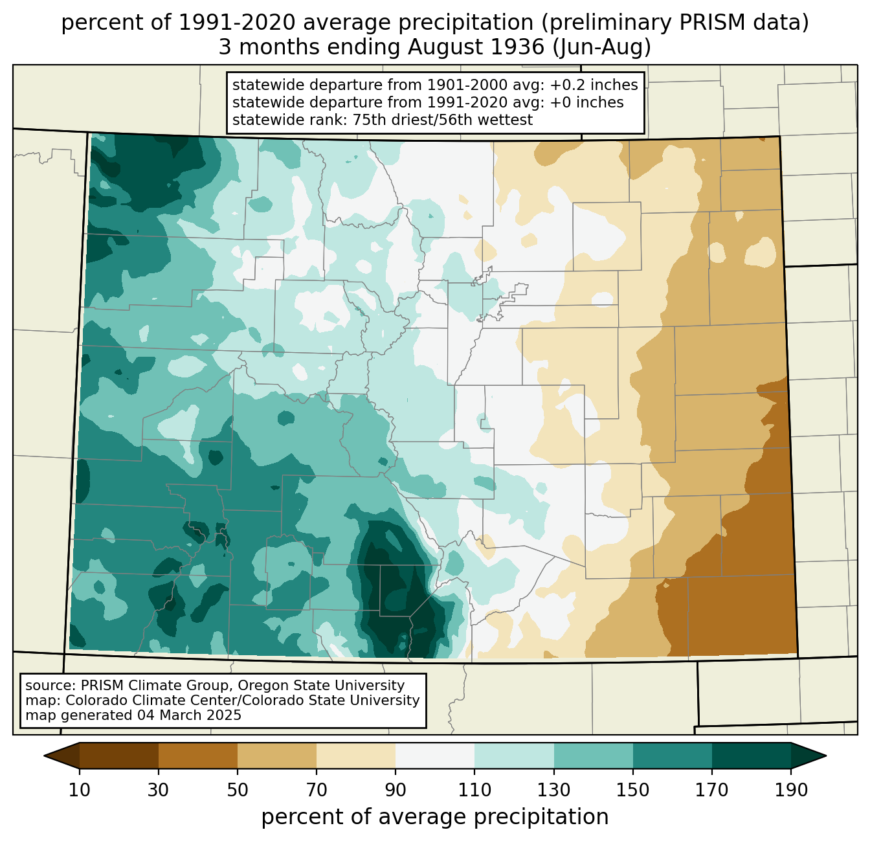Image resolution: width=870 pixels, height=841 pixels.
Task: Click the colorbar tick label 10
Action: click(80, 791)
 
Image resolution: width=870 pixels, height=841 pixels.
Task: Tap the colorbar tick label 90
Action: click(396, 791)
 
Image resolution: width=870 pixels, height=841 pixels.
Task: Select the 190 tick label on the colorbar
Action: click(791, 791)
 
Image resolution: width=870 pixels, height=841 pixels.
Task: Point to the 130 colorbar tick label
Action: click(554, 791)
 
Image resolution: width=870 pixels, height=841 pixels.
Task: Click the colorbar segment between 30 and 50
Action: click(198, 756)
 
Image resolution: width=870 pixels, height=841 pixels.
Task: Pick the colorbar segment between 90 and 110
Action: click(435, 756)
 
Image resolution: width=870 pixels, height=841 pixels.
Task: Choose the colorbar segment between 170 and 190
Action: click(752, 756)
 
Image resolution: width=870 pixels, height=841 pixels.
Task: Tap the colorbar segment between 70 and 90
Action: click(356, 756)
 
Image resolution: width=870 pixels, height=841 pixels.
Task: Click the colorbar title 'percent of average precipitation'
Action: click(435, 817)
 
